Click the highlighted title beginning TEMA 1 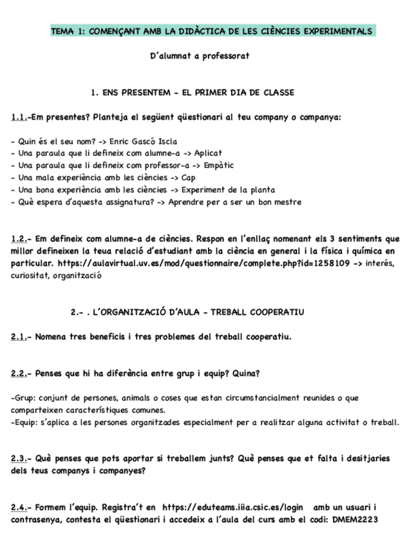211,31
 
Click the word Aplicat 207,153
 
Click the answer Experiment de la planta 228,190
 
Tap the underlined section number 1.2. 19,239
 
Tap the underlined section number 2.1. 19,337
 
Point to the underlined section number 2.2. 19,373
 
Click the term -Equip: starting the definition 24,422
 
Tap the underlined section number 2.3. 19,459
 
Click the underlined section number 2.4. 19,508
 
